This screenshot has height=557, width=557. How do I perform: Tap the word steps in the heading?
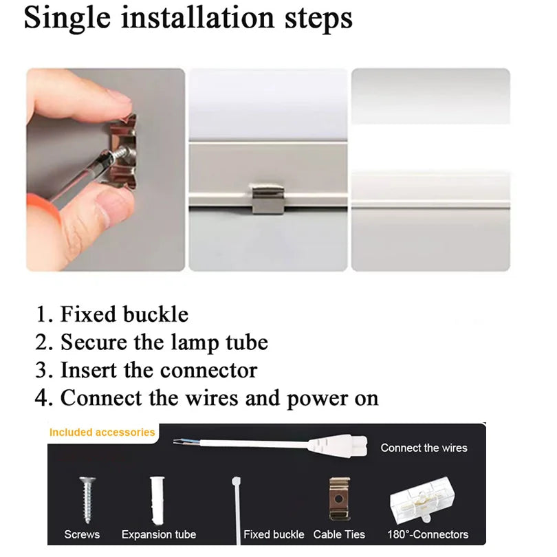(x=318, y=19)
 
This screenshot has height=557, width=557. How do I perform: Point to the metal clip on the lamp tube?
(x=267, y=198)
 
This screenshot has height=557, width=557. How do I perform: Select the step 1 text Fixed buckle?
(x=124, y=314)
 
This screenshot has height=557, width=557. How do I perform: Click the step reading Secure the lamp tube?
(x=164, y=342)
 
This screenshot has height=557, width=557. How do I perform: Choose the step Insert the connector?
(x=158, y=370)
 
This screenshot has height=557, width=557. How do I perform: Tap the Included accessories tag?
(x=102, y=433)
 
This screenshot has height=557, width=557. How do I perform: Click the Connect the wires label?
(x=424, y=448)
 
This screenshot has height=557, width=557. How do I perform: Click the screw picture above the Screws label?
(x=87, y=499)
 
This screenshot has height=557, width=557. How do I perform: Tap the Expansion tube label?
(x=158, y=534)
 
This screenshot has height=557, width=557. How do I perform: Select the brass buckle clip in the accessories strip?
(x=339, y=499)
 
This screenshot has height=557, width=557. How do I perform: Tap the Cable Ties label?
(x=339, y=534)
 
